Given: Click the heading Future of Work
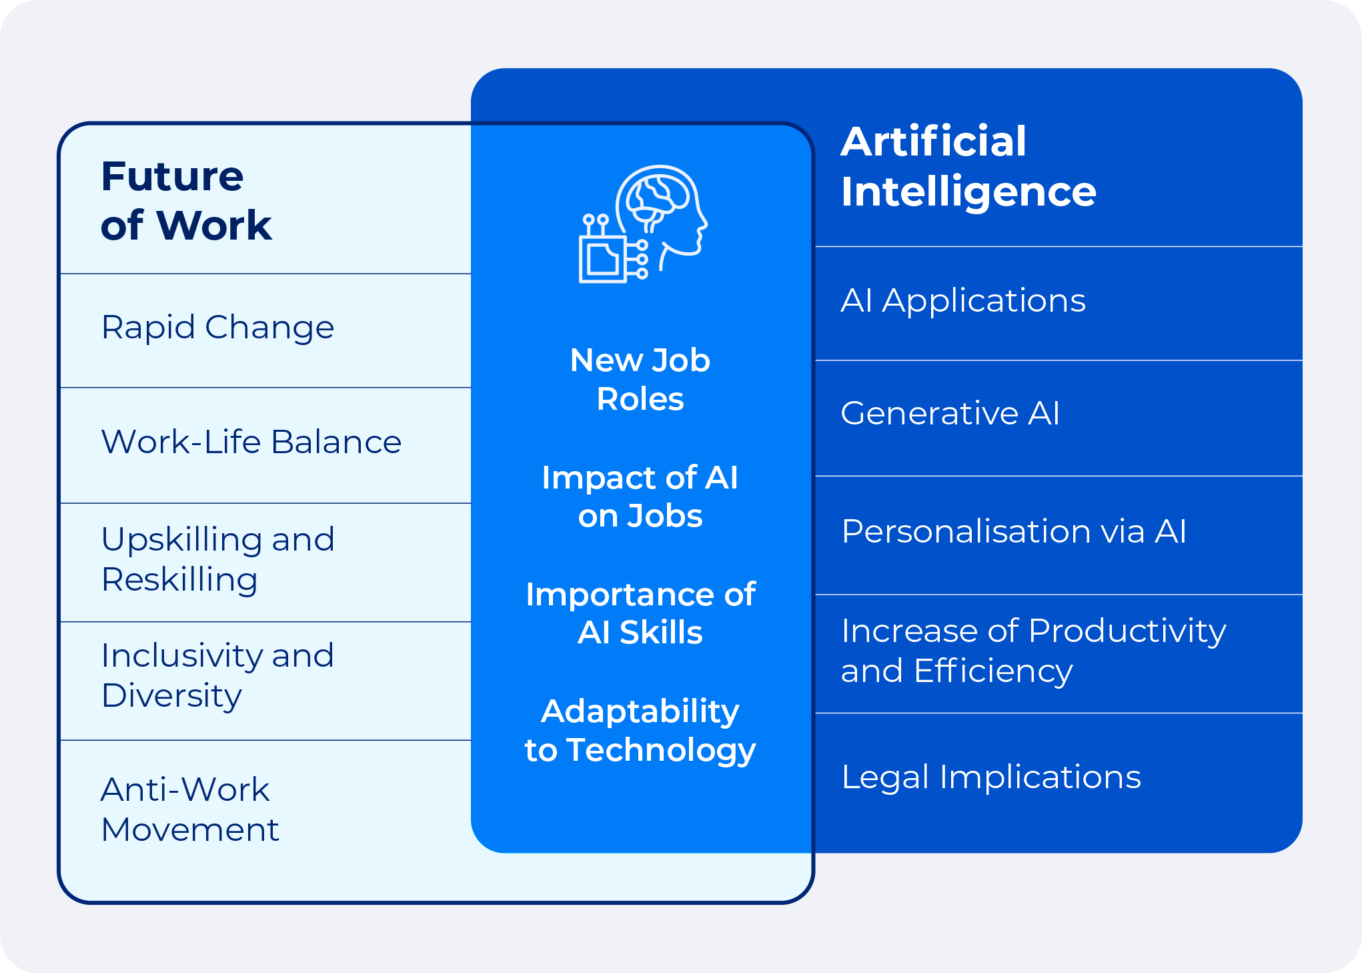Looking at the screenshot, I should [185, 200].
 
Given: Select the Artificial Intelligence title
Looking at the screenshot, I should [967, 167].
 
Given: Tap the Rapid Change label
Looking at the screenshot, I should [217, 328].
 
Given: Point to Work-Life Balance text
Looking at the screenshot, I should [251, 442].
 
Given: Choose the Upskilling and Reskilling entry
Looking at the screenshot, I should [217, 559].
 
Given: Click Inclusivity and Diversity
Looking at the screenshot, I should [217, 675].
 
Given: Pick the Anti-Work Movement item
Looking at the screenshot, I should [189, 809].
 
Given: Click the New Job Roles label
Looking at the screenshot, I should [640, 379].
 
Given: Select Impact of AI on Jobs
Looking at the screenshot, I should [640, 497].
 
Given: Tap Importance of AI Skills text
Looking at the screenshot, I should [640, 613].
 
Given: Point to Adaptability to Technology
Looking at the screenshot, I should [640, 730].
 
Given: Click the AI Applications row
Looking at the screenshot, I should [962, 301].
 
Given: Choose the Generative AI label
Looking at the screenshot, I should [949, 413].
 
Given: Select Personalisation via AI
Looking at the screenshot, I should [1013, 532].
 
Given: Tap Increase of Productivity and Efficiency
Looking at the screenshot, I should [1033, 651].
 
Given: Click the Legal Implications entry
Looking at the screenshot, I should [990, 777].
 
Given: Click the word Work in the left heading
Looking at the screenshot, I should [213, 226].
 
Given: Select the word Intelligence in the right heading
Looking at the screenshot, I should [968, 192].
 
